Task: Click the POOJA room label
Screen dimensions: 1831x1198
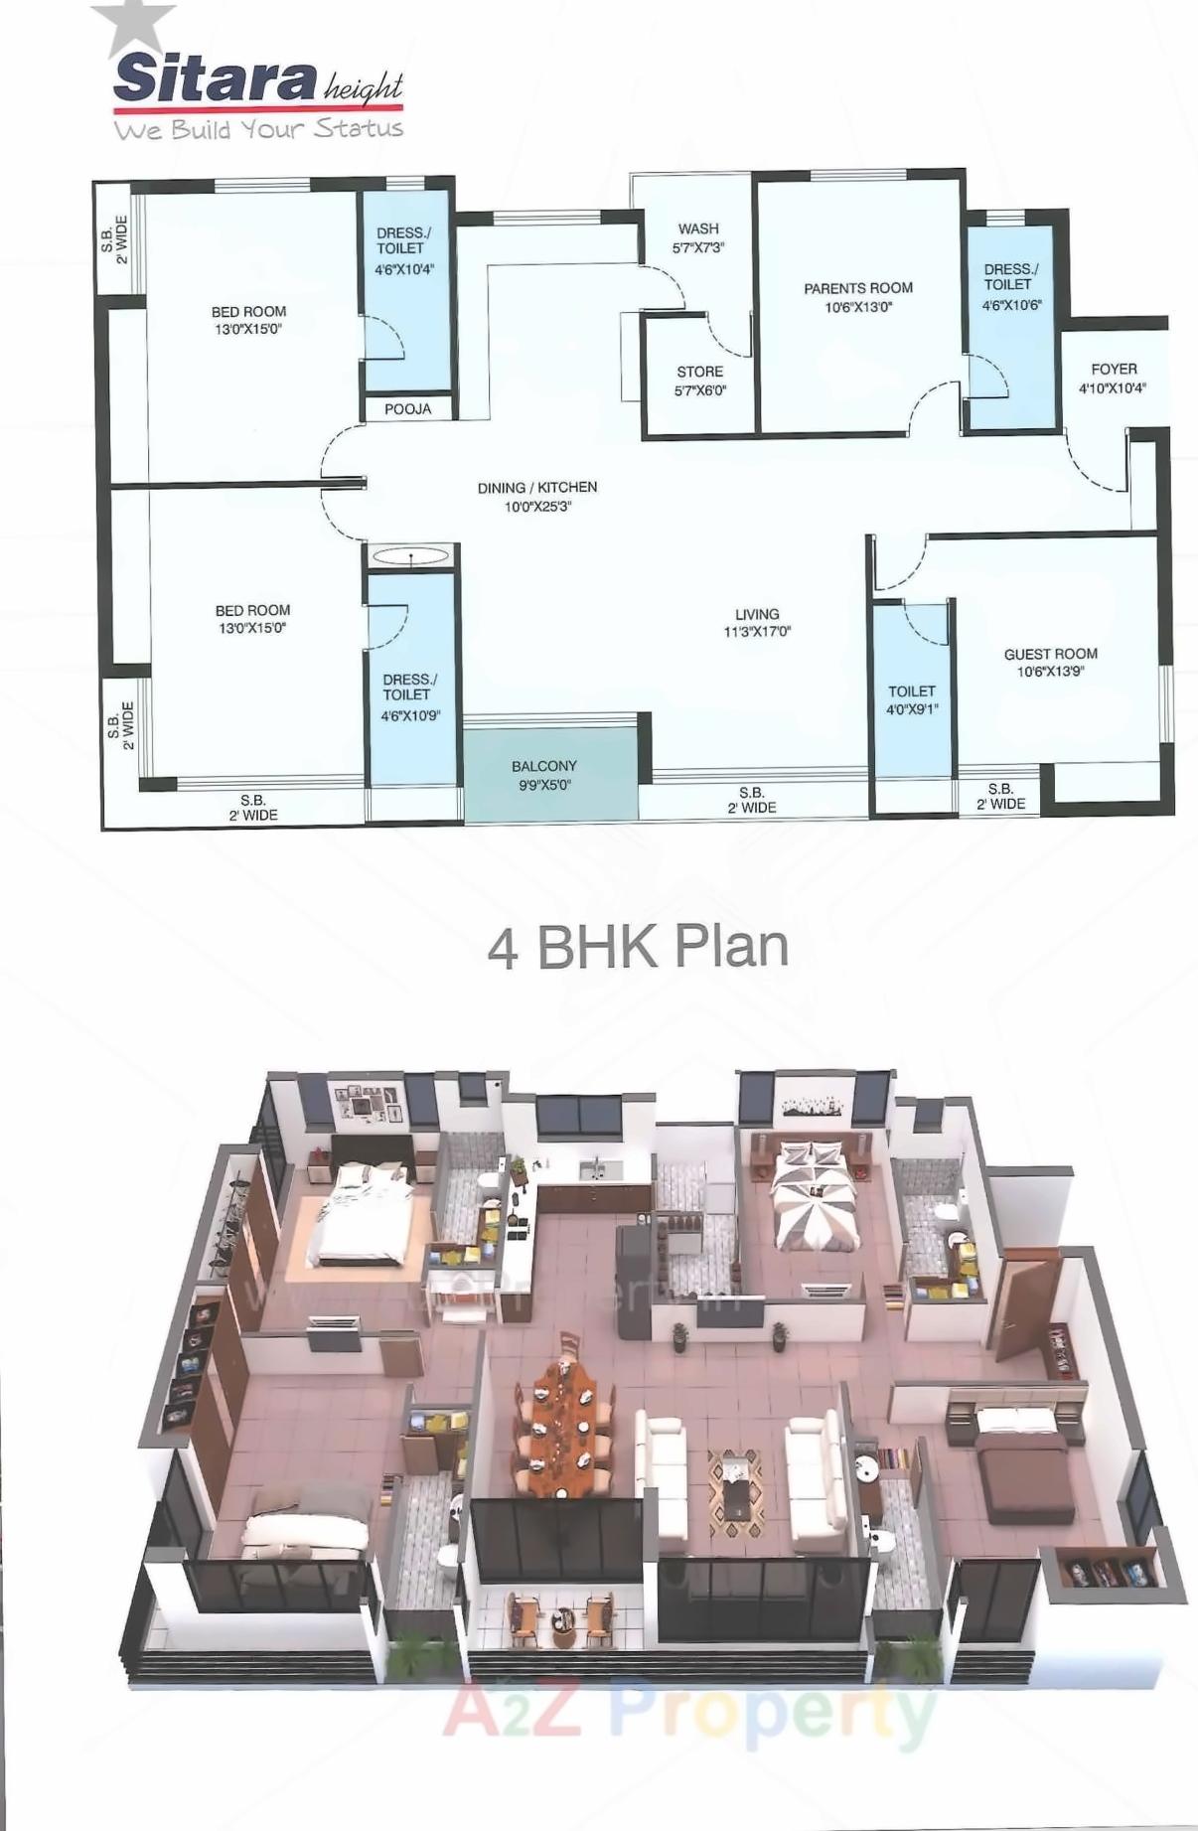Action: click(407, 409)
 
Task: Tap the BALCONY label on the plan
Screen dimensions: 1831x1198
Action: click(543, 766)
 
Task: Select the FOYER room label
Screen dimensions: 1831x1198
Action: click(1113, 369)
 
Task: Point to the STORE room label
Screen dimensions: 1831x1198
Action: click(699, 372)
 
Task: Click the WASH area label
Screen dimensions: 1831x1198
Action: click(698, 229)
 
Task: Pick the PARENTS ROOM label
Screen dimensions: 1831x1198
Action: click(857, 288)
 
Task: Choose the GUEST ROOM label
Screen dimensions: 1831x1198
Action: click(1050, 654)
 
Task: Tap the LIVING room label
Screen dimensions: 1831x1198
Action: click(757, 614)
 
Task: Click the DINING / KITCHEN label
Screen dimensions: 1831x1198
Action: click(537, 488)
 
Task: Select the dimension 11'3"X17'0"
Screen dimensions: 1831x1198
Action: click(757, 632)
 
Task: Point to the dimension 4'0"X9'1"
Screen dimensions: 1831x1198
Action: click(912, 709)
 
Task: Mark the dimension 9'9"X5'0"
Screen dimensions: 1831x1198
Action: click(543, 785)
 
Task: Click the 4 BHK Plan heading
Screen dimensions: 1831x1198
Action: click(638, 946)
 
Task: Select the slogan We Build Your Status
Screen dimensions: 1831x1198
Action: click(258, 129)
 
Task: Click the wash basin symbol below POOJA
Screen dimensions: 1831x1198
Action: click(411, 556)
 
